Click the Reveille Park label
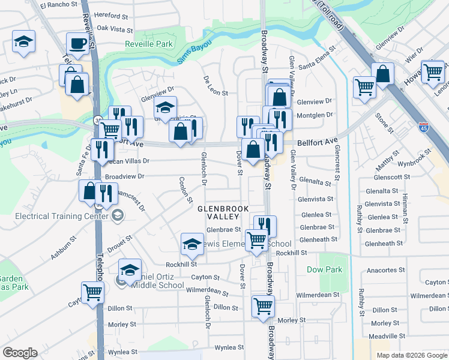pyautogui.click(x=149, y=44)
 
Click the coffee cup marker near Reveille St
pyautogui.click(x=77, y=44)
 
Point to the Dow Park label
pyautogui.click(x=324, y=269)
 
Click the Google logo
pyautogui.click(x=20, y=353)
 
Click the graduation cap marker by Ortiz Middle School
pyautogui.click(x=130, y=271)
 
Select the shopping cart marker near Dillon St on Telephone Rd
pyautogui.click(x=93, y=293)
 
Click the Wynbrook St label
pyautogui.click(x=415, y=163)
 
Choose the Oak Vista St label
pyautogui.click(x=114, y=28)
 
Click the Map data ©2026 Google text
pyautogui.click(x=411, y=355)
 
